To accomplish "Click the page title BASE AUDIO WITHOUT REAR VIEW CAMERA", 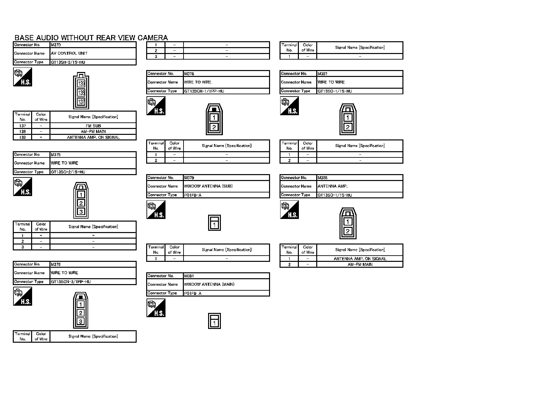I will pyautogui.click(x=91, y=38).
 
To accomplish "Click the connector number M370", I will pyautogui.click(x=56, y=45).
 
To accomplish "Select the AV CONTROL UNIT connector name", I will pyautogui.click(x=69, y=53).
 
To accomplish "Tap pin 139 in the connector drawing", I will pyautogui.click(x=81, y=84).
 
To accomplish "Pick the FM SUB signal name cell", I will pyautogui.click(x=93, y=126).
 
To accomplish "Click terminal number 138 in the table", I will pyautogui.click(x=23, y=132).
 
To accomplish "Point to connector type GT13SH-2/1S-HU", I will pyautogui.click(x=68, y=62).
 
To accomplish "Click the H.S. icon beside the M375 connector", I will pyautogui.click(x=23, y=187).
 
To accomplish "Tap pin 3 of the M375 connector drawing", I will pyautogui.click(x=81, y=212).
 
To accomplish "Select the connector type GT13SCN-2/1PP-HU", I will pyautogui.click(x=71, y=282).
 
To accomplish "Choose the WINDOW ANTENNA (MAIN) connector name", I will pyautogui.click(x=209, y=284).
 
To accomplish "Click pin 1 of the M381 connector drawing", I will pyautogui.click(x=214, y=323).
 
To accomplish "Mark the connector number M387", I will pyautogui.click(x=322, y=74).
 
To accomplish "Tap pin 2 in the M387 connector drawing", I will pyautogui.click(x=348, y=127).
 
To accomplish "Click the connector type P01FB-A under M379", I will pyautogui.click(x=193, y=195).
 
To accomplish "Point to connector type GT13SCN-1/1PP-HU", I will pyautogui.click(x=204, y=91).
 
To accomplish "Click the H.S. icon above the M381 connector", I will pyautogui.click(x=156, y=308).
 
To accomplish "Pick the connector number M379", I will pyautogui.click(x=189, y=178).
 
